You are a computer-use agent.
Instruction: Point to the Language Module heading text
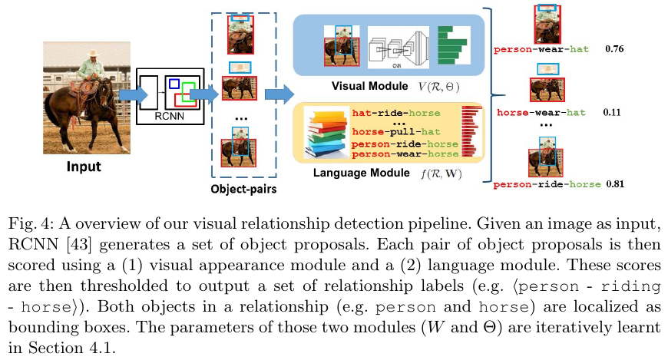pyautogui.click(x=361, y=173)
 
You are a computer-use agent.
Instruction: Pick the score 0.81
pyautogui.click(x=620, y=184)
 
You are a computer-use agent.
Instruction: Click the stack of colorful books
pyautogui.click(x=327, y=135)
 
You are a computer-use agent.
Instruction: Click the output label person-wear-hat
pyautogui.click(x=541, y=50)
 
